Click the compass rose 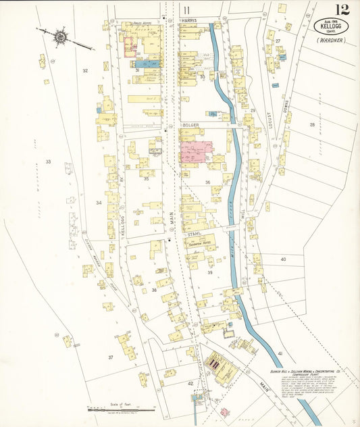tap(59, 37)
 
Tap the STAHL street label tap(196, 234)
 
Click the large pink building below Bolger tap(196, 152)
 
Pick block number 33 tap(48, 161)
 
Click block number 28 tap(312, 124)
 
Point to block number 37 tap(110, 357)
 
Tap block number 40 tap(283, 259)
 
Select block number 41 tap(280, 353)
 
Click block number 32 tap(85, 70)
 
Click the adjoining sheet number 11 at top tap(186, 9)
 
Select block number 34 tap(99, 202)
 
